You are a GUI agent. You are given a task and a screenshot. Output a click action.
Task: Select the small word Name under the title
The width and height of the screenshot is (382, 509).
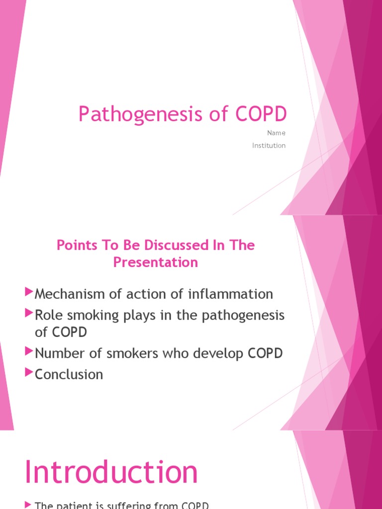277,133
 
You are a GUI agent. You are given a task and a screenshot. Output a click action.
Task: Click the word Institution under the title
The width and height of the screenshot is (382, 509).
269,146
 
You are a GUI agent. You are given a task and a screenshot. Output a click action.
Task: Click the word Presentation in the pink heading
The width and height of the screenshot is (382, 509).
156,262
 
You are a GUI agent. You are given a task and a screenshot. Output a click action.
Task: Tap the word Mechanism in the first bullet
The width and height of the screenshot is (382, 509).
70,294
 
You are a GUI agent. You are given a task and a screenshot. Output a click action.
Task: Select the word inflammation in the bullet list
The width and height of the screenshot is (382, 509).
230,294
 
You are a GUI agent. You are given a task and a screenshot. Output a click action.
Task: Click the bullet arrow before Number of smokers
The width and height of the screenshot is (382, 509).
28,351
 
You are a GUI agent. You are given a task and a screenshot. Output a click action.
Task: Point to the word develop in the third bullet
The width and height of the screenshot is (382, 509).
218,354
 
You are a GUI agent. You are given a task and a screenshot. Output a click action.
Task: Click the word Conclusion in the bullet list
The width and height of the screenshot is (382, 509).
69,374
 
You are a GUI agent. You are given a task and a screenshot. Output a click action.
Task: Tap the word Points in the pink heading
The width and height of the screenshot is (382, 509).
75,245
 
